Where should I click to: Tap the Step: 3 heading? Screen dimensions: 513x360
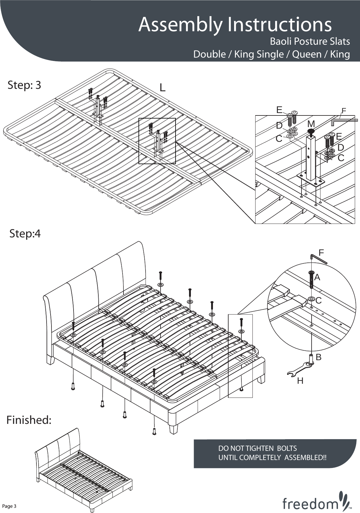[x=24, y=85]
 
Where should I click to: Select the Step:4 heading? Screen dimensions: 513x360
[x=25, y=234]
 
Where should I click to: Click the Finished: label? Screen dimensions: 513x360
[x=29, y=420]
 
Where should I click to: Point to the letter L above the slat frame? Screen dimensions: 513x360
[x=162, y=88]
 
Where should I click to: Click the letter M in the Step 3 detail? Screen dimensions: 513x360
[x=311, y=124]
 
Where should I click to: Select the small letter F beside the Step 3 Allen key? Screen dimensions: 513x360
[x=344, y=110]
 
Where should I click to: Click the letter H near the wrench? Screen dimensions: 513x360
[x=300, y=381]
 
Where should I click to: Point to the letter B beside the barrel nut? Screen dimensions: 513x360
[x=319, y=357]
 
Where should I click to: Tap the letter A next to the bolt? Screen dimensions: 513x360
[x=317, y=277]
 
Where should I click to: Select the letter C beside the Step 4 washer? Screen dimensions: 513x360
[x=318, y=301]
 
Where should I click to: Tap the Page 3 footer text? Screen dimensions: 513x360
[x=9, y=506]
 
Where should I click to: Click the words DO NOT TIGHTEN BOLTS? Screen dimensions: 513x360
[x=257, y=448]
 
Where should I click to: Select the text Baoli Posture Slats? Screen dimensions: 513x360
[x=310, y=41]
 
